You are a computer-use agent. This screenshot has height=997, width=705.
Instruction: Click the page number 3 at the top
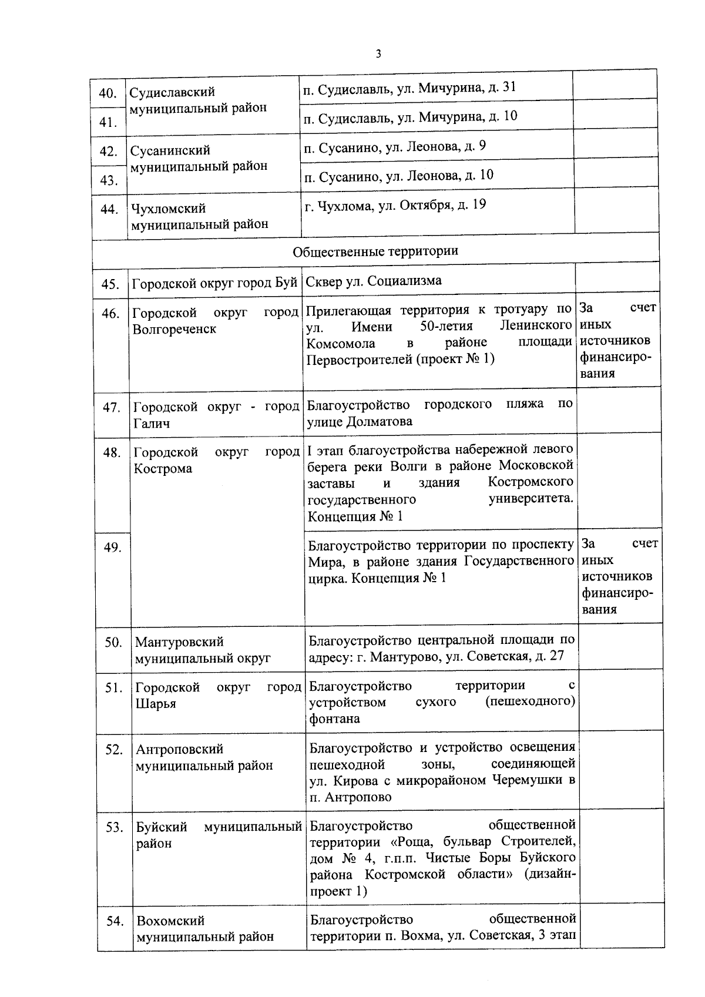coord(378,54)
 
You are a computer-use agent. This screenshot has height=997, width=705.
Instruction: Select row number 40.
coord(108,93)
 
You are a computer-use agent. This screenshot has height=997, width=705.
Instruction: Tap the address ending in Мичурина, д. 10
coord(410,116)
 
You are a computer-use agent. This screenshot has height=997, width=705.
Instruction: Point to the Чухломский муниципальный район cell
coord(199,216)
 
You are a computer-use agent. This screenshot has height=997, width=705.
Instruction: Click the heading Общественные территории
coord(375,251)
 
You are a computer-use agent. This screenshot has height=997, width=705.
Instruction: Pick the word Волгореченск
coord(174,329)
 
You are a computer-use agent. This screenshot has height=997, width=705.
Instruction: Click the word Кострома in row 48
coord(163,469)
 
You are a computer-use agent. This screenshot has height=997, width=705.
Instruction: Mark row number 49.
coord(112,548)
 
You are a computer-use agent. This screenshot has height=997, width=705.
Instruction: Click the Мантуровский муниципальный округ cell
coord(203,650)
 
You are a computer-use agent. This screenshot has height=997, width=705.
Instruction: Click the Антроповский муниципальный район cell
coord(204,758)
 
